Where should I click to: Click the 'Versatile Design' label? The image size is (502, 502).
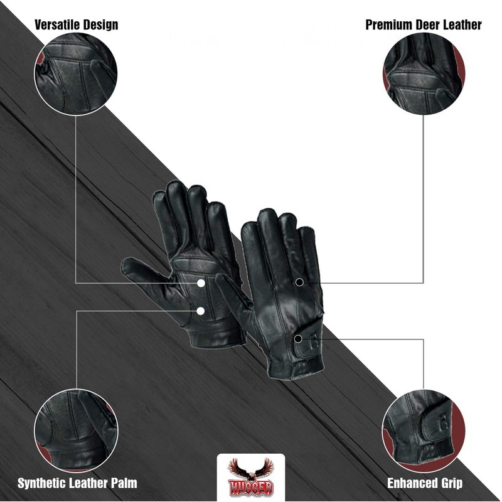[x=76, y=25]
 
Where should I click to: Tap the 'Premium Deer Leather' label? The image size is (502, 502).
[x=424, y=25]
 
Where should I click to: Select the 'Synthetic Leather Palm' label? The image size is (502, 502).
[x=77, y=483]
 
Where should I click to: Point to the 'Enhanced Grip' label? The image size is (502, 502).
[x=425, y=483]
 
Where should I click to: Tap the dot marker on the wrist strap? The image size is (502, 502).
[x=298, y=339]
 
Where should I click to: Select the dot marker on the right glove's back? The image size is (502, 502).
[x=300, y=282]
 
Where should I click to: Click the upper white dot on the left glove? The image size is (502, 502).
[x=201, y=283]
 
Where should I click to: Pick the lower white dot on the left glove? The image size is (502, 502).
[x=201, y=310]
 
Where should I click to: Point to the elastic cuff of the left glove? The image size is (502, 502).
[x=216, y=336]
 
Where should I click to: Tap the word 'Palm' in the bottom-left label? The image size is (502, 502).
[x=122, y=483]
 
